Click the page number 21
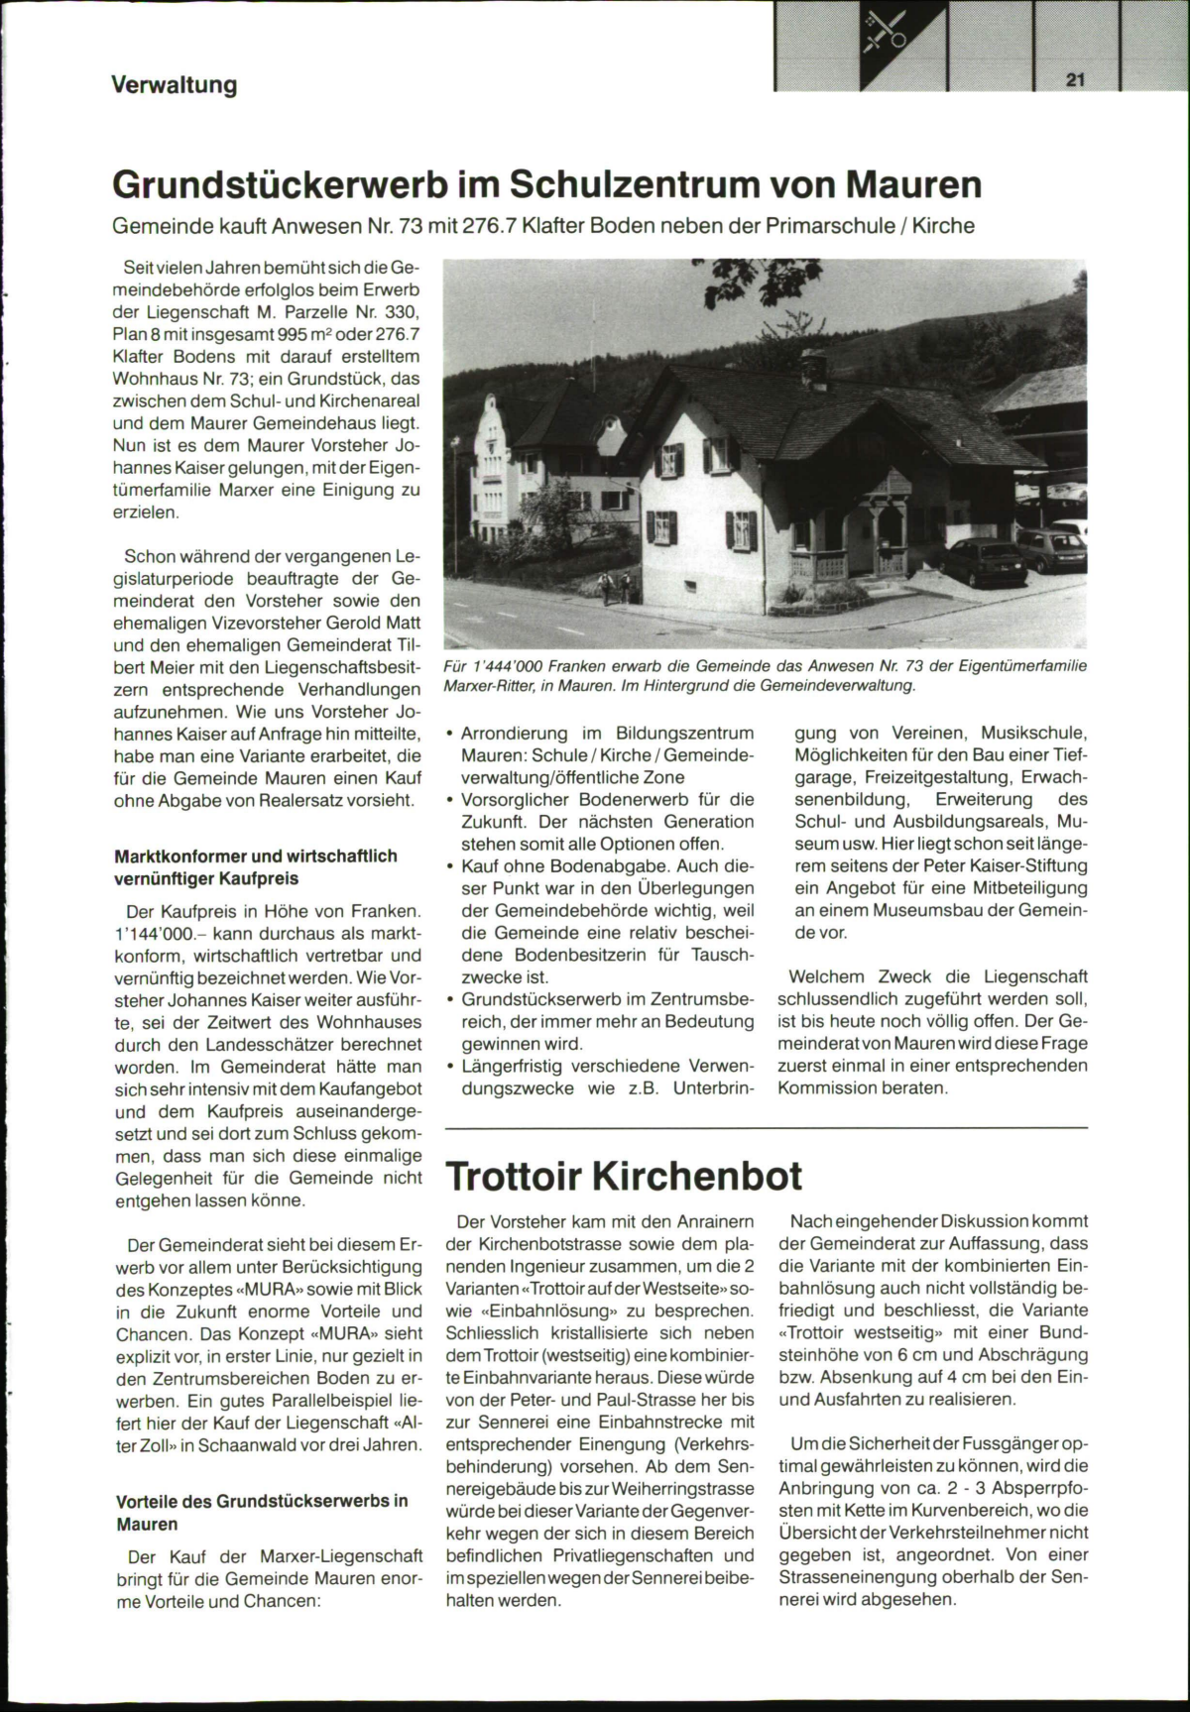click(1075, 81)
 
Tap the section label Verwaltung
click(174, 85)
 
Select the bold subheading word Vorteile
click(151, 1500)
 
